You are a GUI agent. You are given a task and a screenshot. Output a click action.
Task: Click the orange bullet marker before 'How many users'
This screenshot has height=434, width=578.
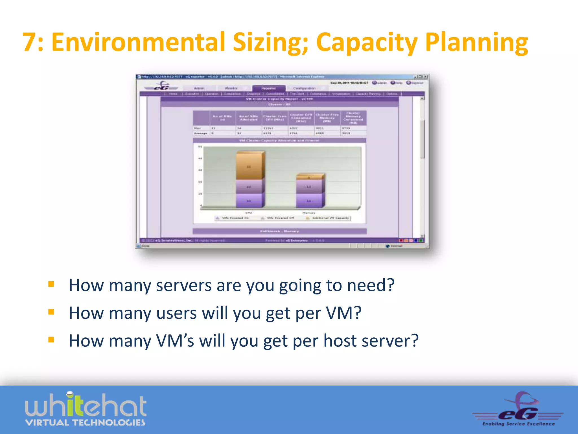click(x=51, y=312)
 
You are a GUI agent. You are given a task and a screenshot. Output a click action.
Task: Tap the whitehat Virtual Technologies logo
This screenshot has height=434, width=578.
click(x=86, y=409)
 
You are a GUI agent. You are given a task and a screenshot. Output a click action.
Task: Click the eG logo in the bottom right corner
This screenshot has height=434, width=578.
click(x=518, y=409)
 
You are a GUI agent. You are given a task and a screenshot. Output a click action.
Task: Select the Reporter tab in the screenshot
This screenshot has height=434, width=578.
click(x=268, y=88)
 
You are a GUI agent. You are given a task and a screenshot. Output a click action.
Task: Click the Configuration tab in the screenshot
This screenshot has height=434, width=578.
click(x=304, y=88)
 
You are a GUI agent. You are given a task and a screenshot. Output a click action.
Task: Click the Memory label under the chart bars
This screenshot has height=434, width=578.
click(x=309, y=213)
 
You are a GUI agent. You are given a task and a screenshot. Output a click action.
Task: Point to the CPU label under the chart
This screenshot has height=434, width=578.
click(x=249, y=213)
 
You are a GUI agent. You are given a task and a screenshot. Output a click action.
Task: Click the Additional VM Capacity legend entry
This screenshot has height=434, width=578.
click(x=329, y=218)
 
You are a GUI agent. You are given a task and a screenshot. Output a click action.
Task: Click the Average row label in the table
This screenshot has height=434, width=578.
click(x=201, y=133)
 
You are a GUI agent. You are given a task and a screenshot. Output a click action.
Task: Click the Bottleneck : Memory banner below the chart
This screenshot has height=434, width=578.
click(x=279, y=231)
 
